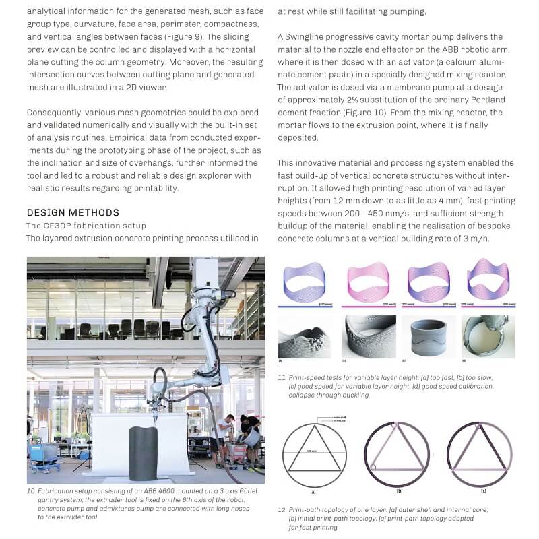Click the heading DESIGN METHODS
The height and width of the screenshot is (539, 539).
pyautogui.click(x=73, y=213)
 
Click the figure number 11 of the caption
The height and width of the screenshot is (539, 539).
pyautogui.click(x=281, y=378)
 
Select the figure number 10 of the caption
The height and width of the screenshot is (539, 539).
pyautogui.click(x=31, y=492)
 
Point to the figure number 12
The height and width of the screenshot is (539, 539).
pyautogui.click(x=281, y=510)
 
